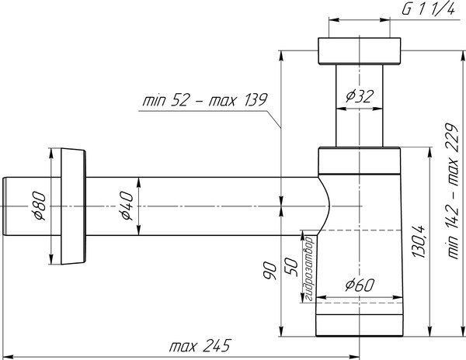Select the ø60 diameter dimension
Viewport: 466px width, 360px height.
coord(360,284)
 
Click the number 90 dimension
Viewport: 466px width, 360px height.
coord(269,272)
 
